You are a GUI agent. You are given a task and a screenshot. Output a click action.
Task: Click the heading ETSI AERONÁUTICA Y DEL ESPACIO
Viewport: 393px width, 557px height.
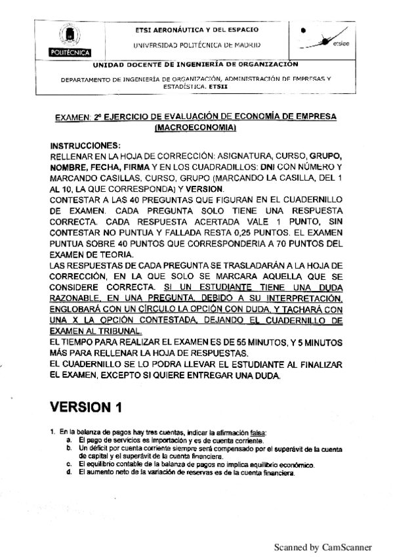click(196, 30)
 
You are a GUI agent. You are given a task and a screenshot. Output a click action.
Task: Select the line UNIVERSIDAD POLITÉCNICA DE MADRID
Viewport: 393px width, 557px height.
click(196, 45)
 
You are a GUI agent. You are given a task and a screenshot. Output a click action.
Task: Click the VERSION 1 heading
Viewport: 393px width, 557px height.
click(87, 407)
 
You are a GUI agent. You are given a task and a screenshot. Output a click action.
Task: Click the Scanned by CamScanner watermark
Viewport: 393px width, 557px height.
click(323, 546)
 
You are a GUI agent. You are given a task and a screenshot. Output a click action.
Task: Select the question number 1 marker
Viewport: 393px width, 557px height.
click(52, 431)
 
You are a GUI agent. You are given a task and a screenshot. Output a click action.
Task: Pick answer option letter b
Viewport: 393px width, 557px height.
click(69, 446)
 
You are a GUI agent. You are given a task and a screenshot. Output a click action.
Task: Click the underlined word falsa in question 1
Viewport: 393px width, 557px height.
click(259, 431)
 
